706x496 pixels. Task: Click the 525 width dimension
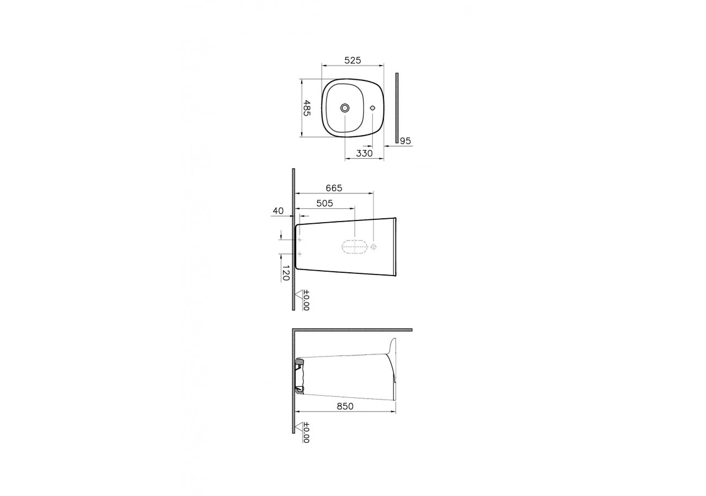coord(352,61)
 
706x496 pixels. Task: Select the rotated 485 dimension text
coord(307,107)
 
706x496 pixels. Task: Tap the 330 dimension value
coord(364,153)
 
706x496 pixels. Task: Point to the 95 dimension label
coord(405,141)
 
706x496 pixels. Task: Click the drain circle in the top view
coord(345,107)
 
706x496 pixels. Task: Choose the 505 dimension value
coord(324,203)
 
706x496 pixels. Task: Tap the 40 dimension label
coord(278,211)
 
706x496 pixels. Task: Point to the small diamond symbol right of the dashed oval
coord(374,247)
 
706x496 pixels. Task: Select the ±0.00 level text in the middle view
coord(306,300)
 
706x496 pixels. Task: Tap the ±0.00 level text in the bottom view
coord(306,433)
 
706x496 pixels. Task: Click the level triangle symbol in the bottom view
coord(299,427)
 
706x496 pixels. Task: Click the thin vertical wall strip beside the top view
coord(397,107)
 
